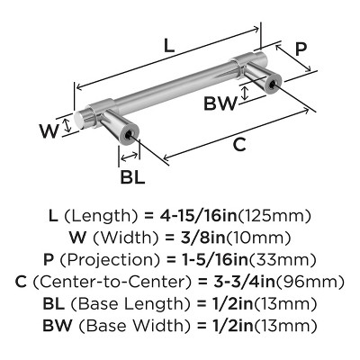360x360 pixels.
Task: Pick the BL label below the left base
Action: click(x=132, y=176)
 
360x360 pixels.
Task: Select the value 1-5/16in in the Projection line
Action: click(x=209, y=259)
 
